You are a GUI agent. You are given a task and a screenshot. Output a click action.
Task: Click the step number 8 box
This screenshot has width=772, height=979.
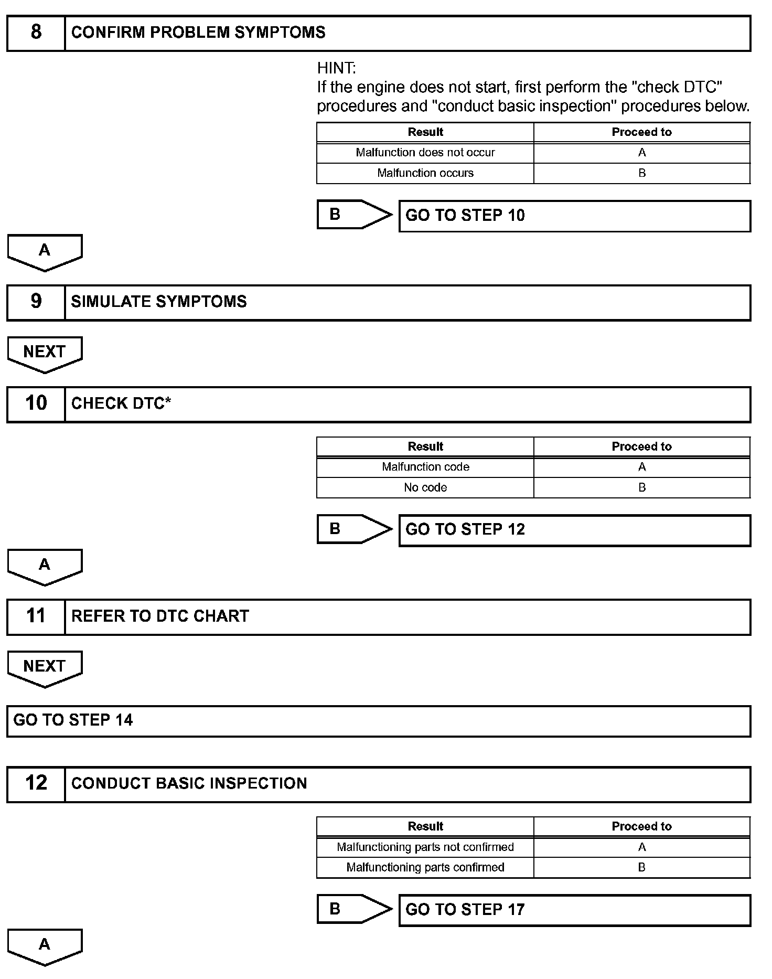coord(36,33)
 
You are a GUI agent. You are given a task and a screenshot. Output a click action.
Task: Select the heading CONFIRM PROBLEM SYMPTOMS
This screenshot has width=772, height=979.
coord(198,33)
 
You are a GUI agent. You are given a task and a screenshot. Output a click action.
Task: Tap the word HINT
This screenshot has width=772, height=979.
coord(336,68)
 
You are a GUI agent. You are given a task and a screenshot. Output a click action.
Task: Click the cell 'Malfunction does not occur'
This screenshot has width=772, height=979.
coord(425,153)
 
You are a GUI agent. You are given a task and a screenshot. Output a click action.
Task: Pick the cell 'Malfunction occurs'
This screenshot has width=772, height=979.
coord(425,173)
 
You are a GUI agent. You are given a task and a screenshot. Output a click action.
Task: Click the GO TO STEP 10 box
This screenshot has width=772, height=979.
coord(574,216)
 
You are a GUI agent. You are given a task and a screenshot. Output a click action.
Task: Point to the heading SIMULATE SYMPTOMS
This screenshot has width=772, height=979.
coord(159,302)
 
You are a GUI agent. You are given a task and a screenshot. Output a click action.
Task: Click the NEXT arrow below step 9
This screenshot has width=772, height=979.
coord(45,353)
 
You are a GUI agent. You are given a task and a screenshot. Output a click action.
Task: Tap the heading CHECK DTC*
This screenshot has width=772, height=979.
coord(121,403)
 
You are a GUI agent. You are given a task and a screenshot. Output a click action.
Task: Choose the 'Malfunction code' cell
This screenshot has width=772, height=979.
coord(425,467)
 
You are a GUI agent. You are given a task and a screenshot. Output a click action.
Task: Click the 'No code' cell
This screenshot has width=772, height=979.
coord(425,487)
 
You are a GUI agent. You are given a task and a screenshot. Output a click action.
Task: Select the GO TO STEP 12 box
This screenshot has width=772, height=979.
coord(574,530)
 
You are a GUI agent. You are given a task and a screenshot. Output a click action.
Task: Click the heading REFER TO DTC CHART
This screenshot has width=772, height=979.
coord(160,616)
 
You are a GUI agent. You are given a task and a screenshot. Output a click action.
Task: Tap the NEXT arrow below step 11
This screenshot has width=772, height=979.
coord(45,667)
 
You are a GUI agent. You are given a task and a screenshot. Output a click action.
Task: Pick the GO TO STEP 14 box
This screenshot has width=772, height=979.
coord(379,720)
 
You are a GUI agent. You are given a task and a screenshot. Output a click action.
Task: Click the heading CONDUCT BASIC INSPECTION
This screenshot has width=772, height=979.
coord(189,783)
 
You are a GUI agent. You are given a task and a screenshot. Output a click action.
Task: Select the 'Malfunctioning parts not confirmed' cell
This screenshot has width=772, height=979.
coord(425,847)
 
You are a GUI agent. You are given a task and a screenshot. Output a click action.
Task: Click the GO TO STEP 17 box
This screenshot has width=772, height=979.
coord(574,910)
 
